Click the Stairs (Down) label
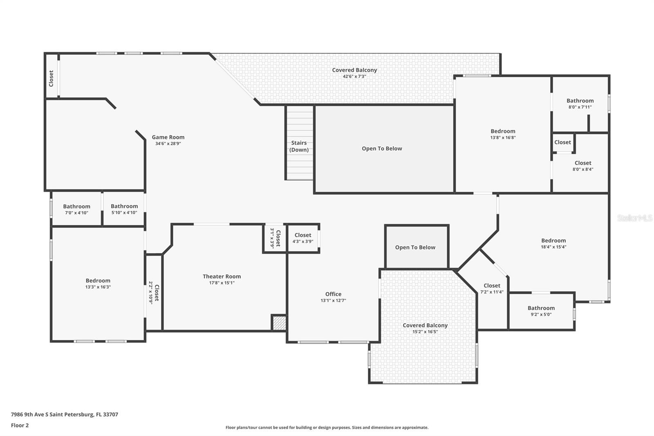point(299,146)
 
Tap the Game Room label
point(168,137)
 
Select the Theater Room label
point(222,276)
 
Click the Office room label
point(333,294)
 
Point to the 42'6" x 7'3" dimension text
point(354,76)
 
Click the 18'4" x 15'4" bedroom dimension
point(553,247)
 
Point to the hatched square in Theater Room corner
point(279,323)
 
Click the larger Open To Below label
point(382,148)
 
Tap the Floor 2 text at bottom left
point(20,425)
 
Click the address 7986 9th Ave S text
point(64,414)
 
